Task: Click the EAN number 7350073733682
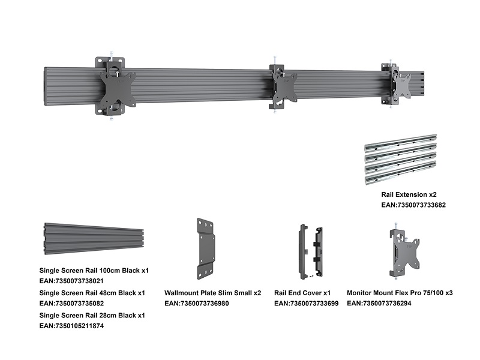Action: click(413, 205)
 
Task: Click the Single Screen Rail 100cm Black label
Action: click(94, 271)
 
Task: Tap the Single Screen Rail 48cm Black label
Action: click(92, 293)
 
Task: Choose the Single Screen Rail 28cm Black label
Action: click(92, 315)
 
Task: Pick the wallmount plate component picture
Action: click(206, 248)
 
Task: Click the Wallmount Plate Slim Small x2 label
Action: click(212, 293)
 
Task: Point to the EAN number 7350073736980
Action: click(196, 304)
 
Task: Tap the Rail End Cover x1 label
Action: click(302, 293)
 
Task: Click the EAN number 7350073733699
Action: click(306, 304)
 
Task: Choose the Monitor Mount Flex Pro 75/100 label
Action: click(400, 293)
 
